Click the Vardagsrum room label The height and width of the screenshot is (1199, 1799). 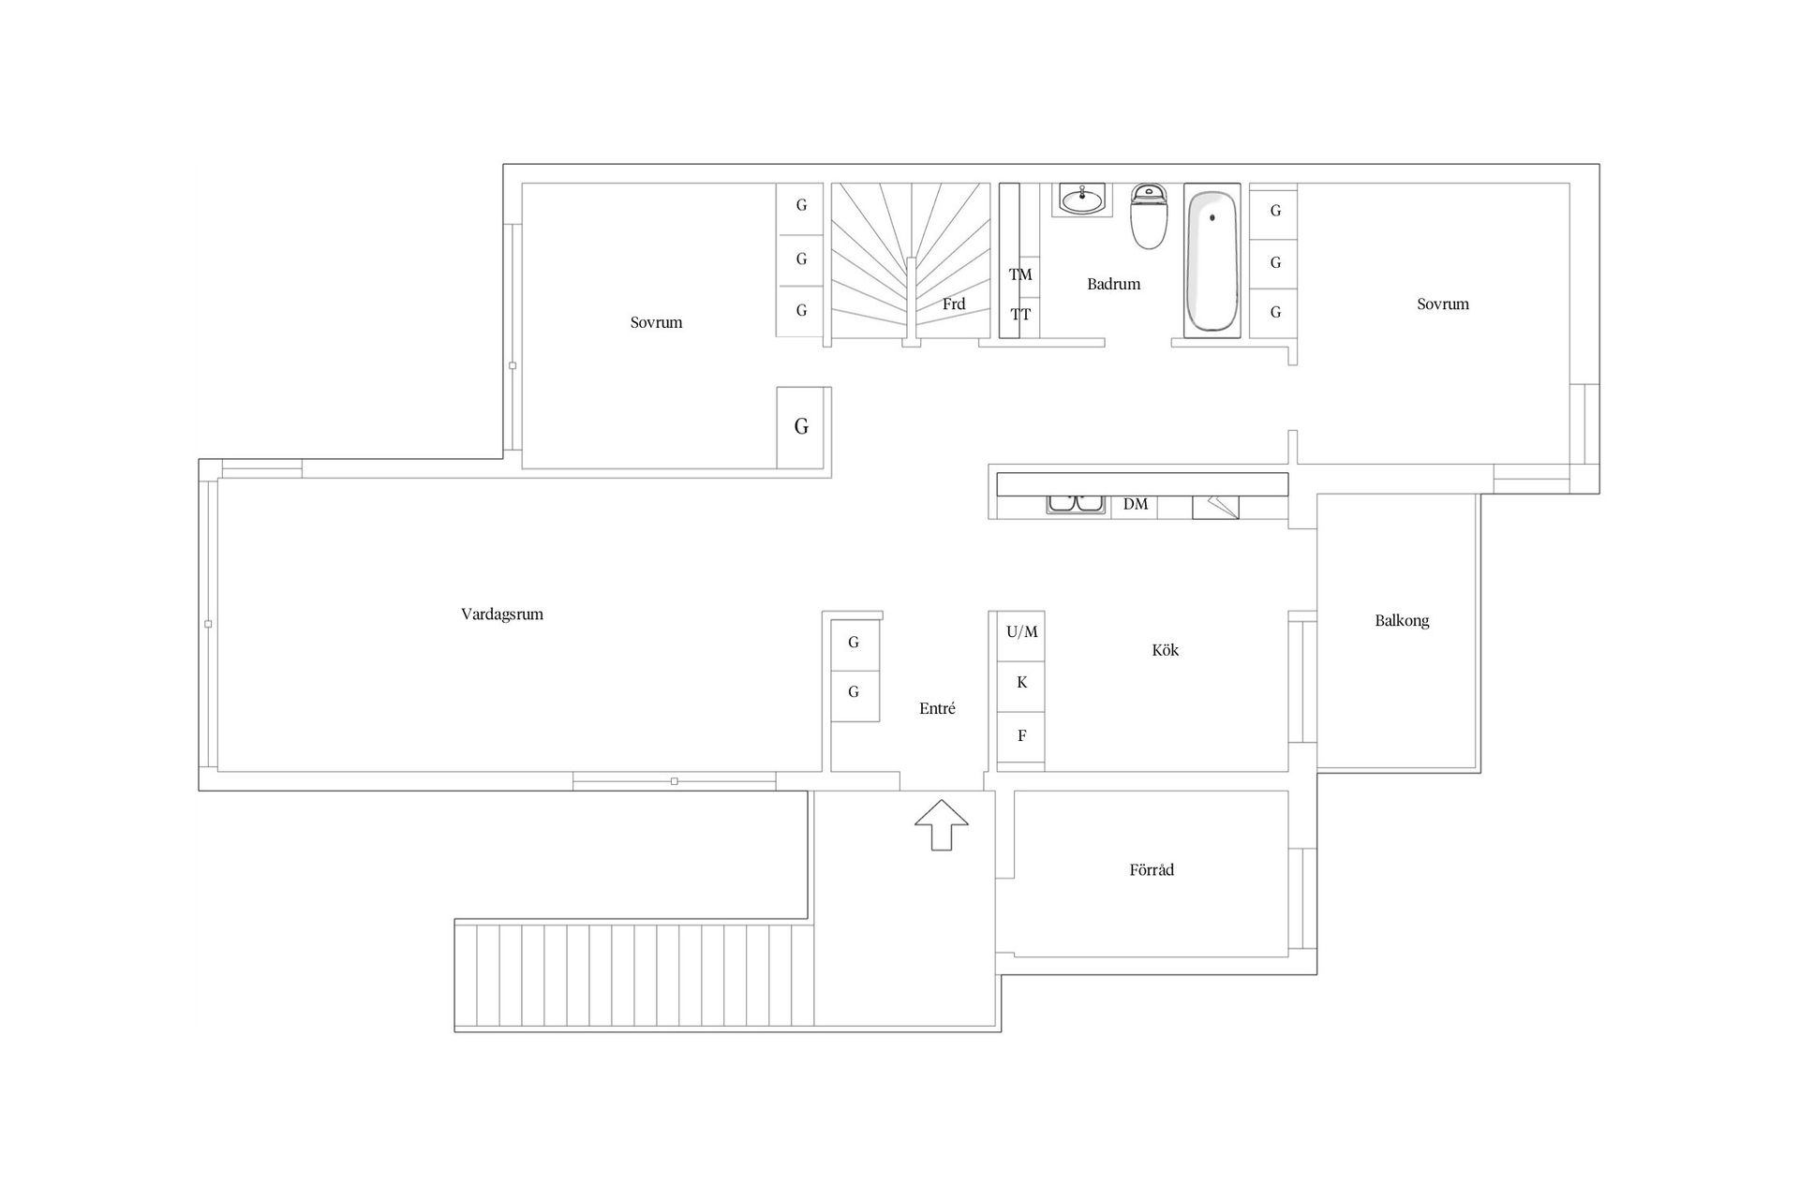point(502,614)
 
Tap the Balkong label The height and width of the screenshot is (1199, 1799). point(1402,620)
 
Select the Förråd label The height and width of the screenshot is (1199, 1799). point(1152,869)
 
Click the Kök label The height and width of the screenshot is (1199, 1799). point(1166,649)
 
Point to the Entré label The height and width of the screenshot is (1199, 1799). point(937,708)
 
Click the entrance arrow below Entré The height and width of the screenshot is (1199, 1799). point(942,825)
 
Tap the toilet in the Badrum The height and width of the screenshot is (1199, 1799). point(1148,216)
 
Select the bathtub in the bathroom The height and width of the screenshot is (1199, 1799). point(1212,260)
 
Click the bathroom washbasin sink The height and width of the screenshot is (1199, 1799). point(1082,199)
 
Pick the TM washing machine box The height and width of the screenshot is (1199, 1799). point(1020,274)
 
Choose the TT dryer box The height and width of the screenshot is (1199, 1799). point(1020,315)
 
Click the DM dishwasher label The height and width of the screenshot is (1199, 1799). point(1135,504)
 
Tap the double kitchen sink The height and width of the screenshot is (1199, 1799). point(1076,504)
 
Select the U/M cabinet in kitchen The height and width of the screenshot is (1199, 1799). point(1021,632)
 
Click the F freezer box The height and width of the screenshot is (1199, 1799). point(1021,736)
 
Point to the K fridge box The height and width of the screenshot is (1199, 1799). point(1021,683)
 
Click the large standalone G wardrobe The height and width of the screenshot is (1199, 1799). point(801,427)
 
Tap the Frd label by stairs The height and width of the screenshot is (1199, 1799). point(954,303)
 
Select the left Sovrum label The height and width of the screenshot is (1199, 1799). point(656,322)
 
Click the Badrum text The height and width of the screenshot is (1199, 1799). point(1113,284)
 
